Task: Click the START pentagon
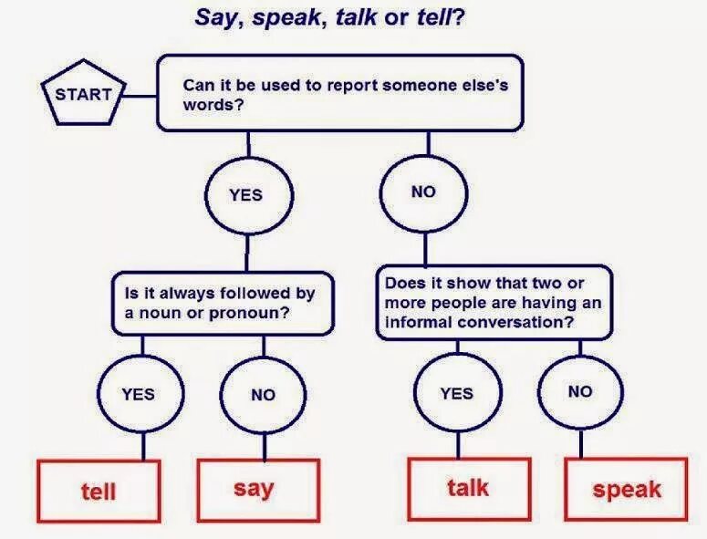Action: pos(83,95)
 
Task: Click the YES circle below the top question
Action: pos(245,193)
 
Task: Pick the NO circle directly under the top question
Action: pos(423,192)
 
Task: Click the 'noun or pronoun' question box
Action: pos(221,304)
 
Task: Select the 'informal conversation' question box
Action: pos(493,304)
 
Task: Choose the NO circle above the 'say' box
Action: pos(263,394)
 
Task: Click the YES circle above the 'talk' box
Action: pos(456,393)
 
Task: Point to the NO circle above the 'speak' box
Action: pos(579,391)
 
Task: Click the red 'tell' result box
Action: pos(99,492)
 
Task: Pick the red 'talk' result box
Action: pos(468,488)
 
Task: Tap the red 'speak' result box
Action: pos(627,490)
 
